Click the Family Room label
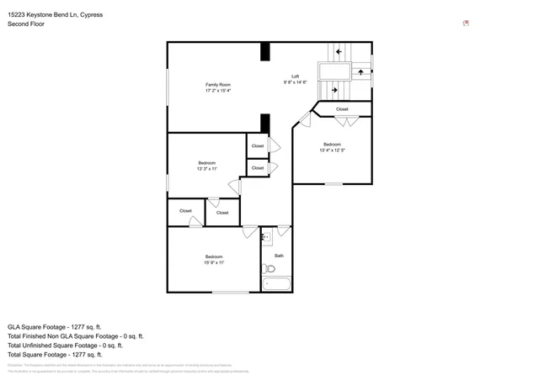pos(218,84)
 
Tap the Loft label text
pos(295,77)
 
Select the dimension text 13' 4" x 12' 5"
pos(332,151)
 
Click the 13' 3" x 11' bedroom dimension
pos(207,169)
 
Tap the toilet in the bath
pos(269,269)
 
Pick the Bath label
pos(279,255)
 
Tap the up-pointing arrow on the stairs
pos(361,71)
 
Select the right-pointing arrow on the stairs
pos(334,89)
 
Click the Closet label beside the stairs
pos(342,109)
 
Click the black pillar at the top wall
pos(265,51)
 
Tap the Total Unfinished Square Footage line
pos(65,345)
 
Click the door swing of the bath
pos(284,230)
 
